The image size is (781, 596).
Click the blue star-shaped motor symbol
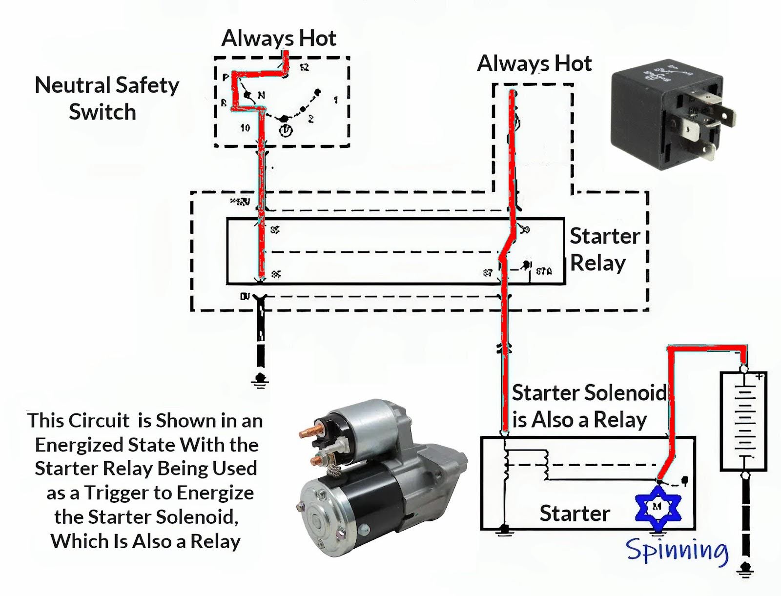[658, 507]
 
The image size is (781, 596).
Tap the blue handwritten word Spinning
[677, 551]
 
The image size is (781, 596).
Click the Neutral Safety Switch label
[106, 98]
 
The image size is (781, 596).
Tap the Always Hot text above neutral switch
[278, 38]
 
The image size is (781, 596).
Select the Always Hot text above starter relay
[534, 63]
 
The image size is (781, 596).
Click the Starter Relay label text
[604, 249]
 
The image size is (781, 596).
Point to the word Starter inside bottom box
[575, 514]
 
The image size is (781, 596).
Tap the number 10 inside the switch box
[245, 127]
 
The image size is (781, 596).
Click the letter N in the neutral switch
[262, 95]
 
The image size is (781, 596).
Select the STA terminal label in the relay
[544, 271]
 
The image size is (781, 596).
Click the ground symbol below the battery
[745, 569]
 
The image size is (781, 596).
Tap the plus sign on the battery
[760, 376]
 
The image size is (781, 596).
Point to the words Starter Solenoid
[589, 392]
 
